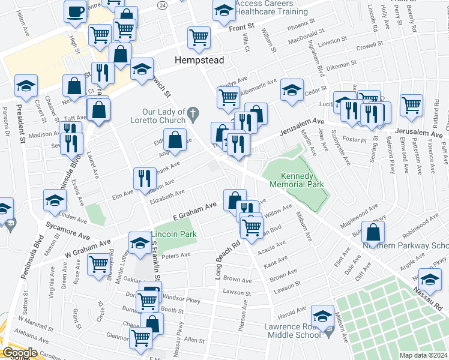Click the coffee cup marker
pyautogui.click(x=76, y=12)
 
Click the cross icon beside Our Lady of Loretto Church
pyautogui.click(x=193, y=112)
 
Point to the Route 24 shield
pyautogui.click(x=162, y=4)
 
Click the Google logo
pyautogui.click(x=20, y=353)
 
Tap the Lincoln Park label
pyautogui.click(x=173, y=233)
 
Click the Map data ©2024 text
pyautogui.click(x=424, y=355)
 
